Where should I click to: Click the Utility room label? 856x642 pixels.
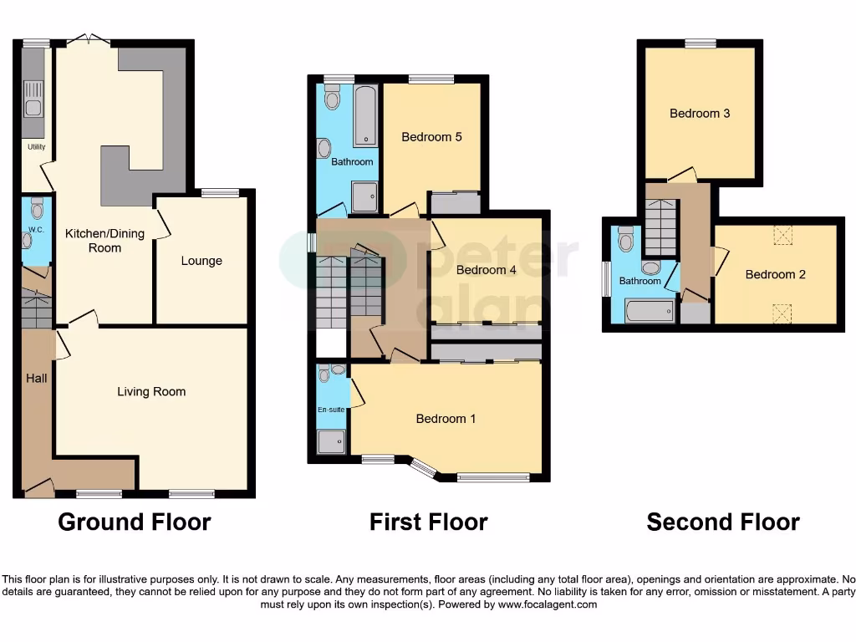[36, 147]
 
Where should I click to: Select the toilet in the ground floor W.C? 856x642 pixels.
[36, 206]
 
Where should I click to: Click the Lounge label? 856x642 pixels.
[201, 261]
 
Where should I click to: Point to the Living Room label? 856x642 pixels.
[151, 391]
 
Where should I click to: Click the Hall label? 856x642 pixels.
[36, 379]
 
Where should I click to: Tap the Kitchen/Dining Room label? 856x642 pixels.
[104, 241]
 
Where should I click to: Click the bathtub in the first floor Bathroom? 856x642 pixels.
[365, 116]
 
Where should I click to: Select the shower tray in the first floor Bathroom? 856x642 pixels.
[364, 197]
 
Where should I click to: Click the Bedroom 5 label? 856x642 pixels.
[431, 137]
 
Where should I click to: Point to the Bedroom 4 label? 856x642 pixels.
[487, 270]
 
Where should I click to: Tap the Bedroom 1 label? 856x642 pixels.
[446, 419]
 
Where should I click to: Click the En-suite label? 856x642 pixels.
[332, 410]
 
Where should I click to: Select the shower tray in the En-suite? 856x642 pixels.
[331, 441]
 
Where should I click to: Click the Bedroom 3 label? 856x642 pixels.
[700, 114]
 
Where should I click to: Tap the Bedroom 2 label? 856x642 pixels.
[775, 274]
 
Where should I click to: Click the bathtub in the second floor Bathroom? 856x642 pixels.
[650, 312]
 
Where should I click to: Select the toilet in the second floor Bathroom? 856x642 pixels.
[626, 239]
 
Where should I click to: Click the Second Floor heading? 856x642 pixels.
[723, 522]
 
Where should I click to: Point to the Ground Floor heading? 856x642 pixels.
[134, 522]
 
